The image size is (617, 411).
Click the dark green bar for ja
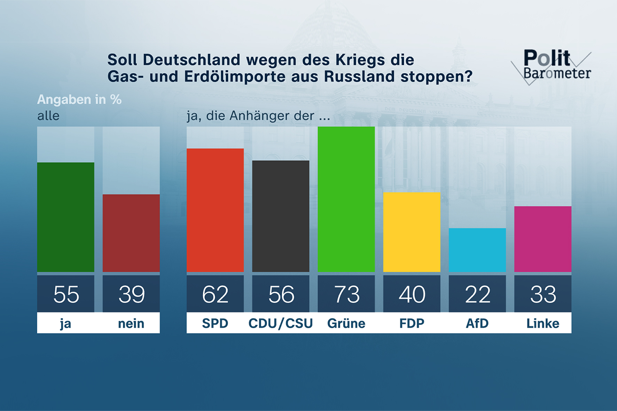click(x=65, y=217)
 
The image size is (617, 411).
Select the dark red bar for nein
click(x=131, y=233)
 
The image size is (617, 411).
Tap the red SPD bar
click(x=215, y=210)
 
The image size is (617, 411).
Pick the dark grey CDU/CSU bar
click(x=280, y=216)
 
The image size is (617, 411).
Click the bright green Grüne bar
click(x=346, y=199)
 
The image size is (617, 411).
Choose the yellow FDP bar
click(x=412, y=232)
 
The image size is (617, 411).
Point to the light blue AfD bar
click(x=477, y=250)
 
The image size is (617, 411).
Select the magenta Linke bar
click(x=542, y=239)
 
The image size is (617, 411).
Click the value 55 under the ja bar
click(x=66, y=294)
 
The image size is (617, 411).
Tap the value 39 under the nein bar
click(x=131, y=294)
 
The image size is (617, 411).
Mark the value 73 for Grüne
click(x=346, y=294)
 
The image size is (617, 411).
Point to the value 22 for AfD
click(x=477, y=294)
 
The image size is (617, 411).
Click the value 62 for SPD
click(x=215, y=294)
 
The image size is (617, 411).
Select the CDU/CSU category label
click(x=280, y=323)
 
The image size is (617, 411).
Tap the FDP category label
click(x=412, y=323)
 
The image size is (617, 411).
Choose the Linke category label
click(x=542, y=323)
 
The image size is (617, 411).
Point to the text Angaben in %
click(x=79, y=100)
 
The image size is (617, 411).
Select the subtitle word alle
click(x=48, y=116)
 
